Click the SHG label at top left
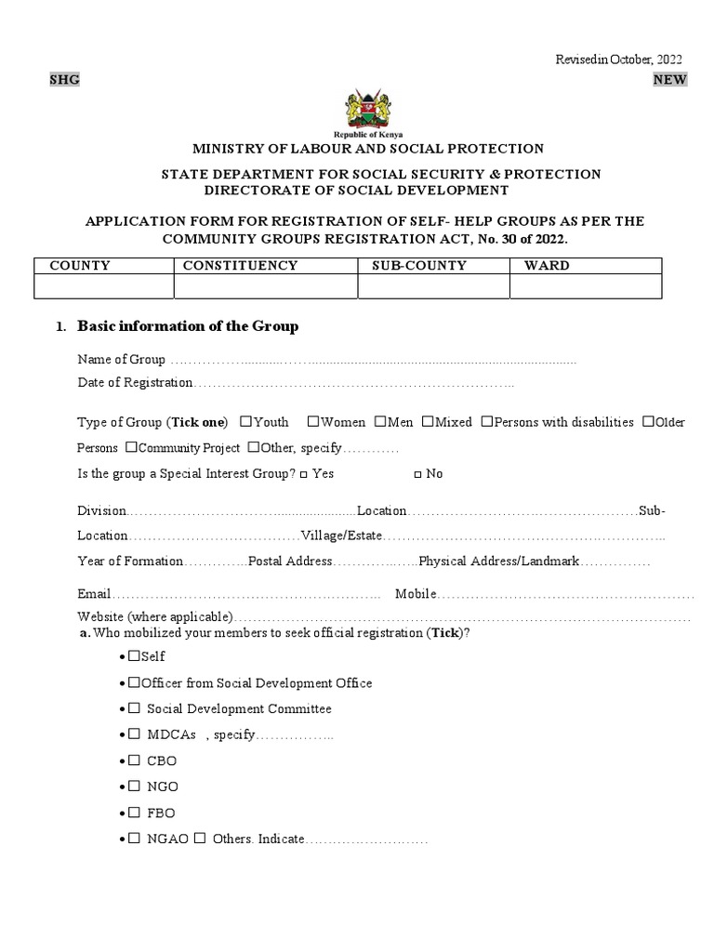click(64, 80)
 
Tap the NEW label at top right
click(669, 80)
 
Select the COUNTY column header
click(80, 266)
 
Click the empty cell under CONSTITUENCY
click(266, 287)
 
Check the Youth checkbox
click(245, 421)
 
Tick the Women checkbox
click(313, 421)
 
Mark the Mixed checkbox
click(428, 421)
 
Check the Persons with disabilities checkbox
click(486, 421)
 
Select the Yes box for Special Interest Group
click(304, 474)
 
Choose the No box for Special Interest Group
click(417, 474)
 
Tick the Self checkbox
click(134, 656)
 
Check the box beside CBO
click(134, 760)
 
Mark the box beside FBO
click(134, 813)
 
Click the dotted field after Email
click(246, 594)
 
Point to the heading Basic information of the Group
click(188, 326)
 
